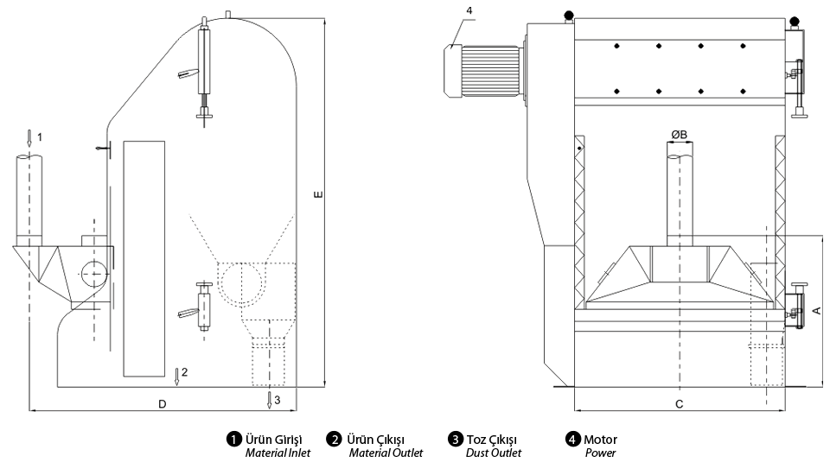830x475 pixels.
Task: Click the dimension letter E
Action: click(x=318, y=194)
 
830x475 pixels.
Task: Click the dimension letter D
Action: click(x=163, y=404)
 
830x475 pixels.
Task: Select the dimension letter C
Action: click(x=680, y=404)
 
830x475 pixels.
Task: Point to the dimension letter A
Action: click(x=817, y=311)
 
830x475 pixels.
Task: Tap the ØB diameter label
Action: click(x=680, y=135)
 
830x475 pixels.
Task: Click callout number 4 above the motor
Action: click(x=469, y=10)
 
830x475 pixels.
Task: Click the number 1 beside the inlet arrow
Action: click(x=40, y=137)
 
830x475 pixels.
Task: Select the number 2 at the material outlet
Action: click(x=185, y=372)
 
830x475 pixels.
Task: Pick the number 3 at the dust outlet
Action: click(x=278, y=401)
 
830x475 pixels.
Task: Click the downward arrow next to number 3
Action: click(x=270, y=400)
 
